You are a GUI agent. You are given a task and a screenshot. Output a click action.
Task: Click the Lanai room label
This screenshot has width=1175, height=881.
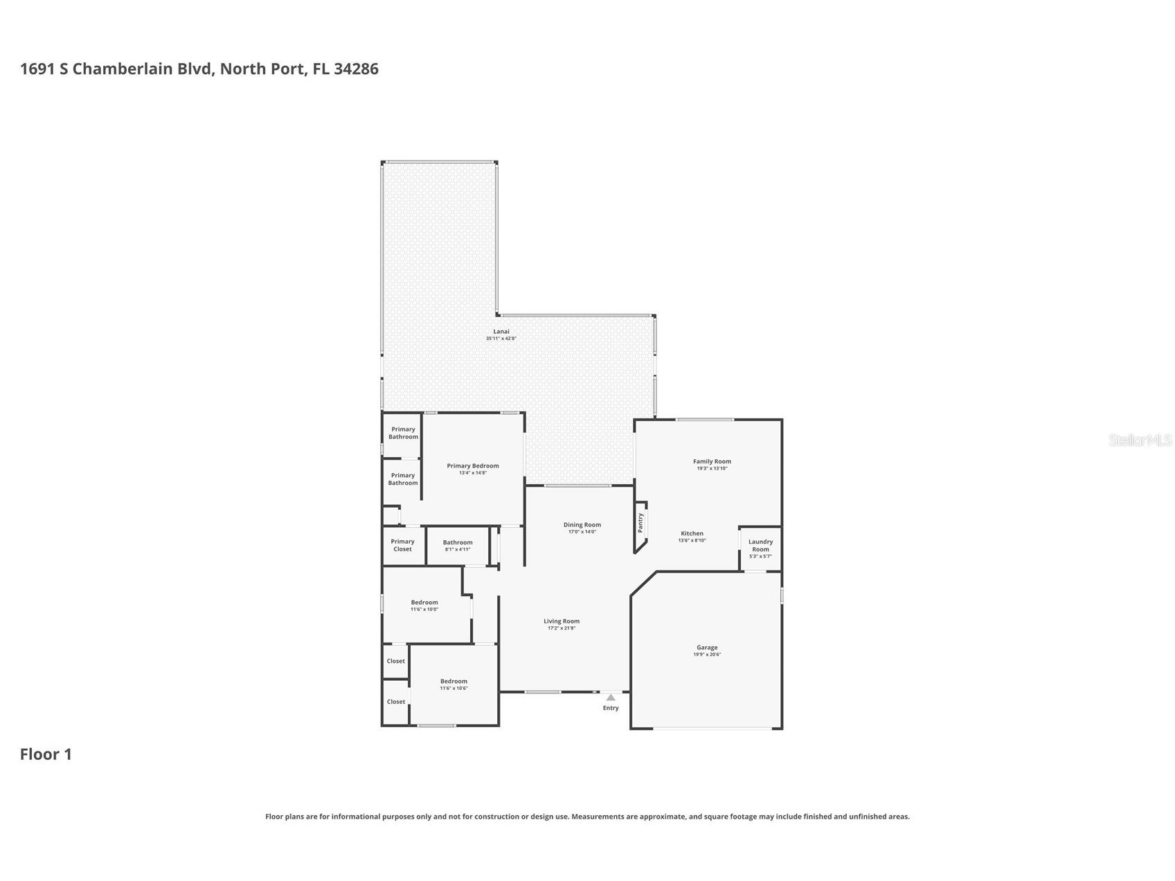pyautogui.click(x=501, y=332)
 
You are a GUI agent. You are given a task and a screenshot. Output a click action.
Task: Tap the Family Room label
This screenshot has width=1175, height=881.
pyautogui.click(x=712, y=461)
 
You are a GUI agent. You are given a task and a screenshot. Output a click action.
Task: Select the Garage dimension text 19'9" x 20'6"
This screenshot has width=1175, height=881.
pyautogui.click(x=707, y=655)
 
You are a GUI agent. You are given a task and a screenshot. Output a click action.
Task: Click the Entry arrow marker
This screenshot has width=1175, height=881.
pyautogui.click(x=610, y=697)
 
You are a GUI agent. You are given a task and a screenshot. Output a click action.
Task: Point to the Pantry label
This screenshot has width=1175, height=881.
pyautogui.click(x=640, y=522)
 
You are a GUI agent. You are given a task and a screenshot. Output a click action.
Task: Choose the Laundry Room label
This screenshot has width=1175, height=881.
pyautogui.click(x=760, y=545)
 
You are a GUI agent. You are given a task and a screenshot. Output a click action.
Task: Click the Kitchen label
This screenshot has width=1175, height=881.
pyautogui.click(x=692, y=533)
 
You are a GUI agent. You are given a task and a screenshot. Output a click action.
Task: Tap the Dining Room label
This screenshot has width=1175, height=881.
pyautogui.click(x=582, y=525)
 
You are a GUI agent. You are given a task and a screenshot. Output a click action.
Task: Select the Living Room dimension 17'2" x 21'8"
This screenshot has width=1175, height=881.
pyautogui.click(x=561, y=628)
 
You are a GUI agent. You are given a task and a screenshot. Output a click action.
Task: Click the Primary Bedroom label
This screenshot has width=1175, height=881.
pyautogui.click(x=473, y=466)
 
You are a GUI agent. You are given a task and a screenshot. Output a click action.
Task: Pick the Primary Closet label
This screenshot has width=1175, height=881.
pyautogui.click(x=402, y=545)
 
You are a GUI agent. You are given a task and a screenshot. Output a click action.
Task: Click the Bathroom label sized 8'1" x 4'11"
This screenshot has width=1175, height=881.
pyautogui.click(x=458, y=543)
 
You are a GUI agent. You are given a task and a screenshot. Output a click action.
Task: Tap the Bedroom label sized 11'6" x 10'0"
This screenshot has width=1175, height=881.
pyautogui.click(x=424, y=603)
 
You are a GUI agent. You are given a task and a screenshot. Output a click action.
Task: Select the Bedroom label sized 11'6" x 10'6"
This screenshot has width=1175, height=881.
pyautogui.click(x=454, y=682)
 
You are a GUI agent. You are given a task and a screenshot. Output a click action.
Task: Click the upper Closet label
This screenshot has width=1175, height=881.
pyautogui.click(x=396, y=661)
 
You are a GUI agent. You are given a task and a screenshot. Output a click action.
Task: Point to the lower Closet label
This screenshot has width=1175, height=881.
pyautogui.click(x=396, y=702)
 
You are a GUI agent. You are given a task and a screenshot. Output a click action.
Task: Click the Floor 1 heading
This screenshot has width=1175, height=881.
pyautogui.click(x=46, y=754)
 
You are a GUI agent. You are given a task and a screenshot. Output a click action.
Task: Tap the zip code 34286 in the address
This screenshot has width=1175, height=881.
pyautogui.click(x=356, y=69)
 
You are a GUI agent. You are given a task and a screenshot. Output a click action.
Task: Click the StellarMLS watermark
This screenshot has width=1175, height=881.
pyautogui.click(x=1140, y=440)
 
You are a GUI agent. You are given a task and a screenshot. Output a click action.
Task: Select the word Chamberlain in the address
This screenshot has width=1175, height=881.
pyautogui.click(x=144, y=69)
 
